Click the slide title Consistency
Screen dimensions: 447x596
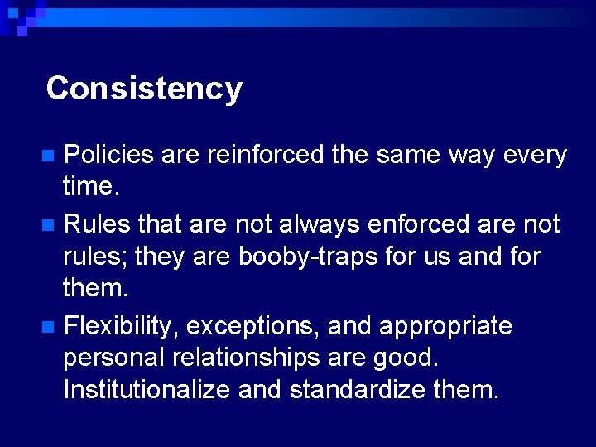pos(144,88)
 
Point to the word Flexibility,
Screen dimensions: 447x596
pos(121,326)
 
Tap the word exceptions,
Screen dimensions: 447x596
pos(253,326)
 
